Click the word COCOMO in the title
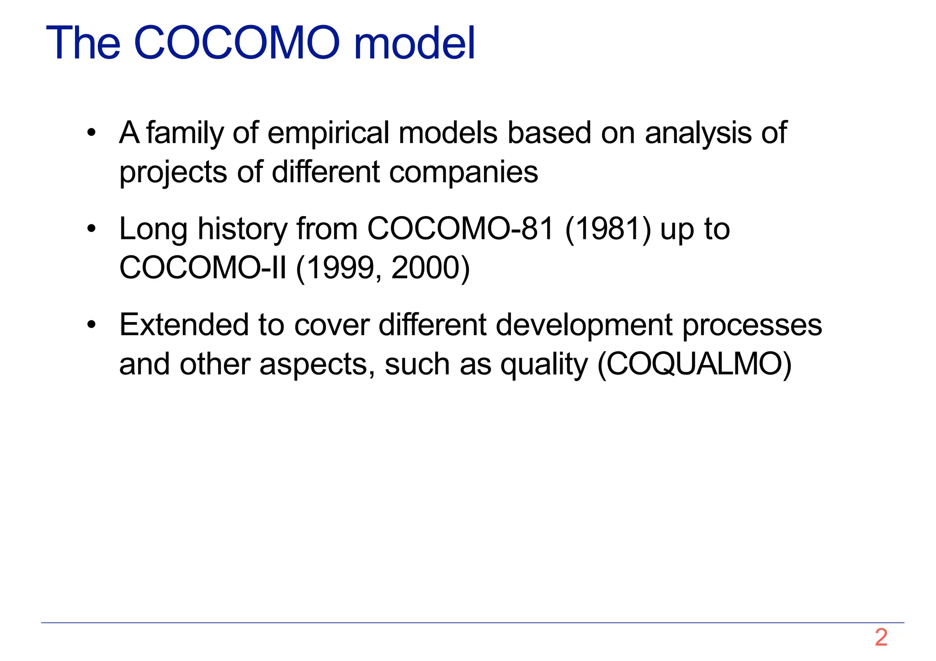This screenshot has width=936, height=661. click(x=237, y=43)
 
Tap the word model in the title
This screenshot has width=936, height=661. click(x=415, y=43)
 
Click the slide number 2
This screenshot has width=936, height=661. click(x=881, y=637)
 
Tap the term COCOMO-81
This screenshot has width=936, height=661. click(x=461, y=229)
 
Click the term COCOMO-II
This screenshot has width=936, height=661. click(x=203, y=268)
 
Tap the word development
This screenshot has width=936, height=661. click(x=584, y=325)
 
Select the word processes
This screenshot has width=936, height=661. click(x=752, y=325)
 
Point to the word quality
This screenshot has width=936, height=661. click(x=543, y=365)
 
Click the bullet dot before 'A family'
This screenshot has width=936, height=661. click(x=92, y=133)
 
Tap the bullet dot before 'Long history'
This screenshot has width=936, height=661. click(x=92, y=229)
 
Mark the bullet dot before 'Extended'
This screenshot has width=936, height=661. click(x=92, y=325)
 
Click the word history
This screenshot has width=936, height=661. click(x=242, y=229)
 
